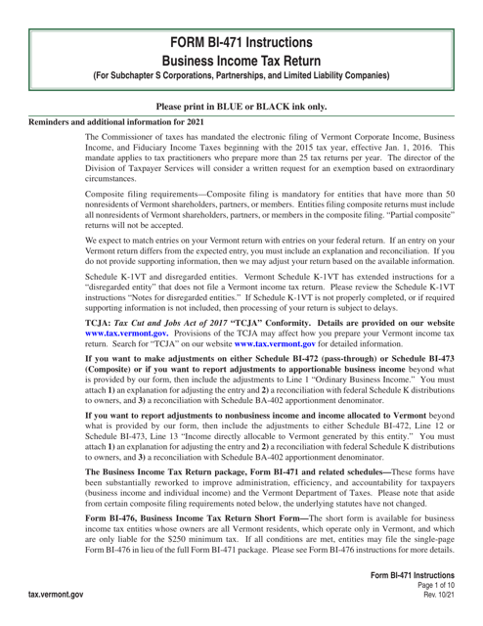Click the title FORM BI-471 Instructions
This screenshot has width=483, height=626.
(241, 18)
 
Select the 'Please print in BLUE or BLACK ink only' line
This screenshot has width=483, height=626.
(241, 105)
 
